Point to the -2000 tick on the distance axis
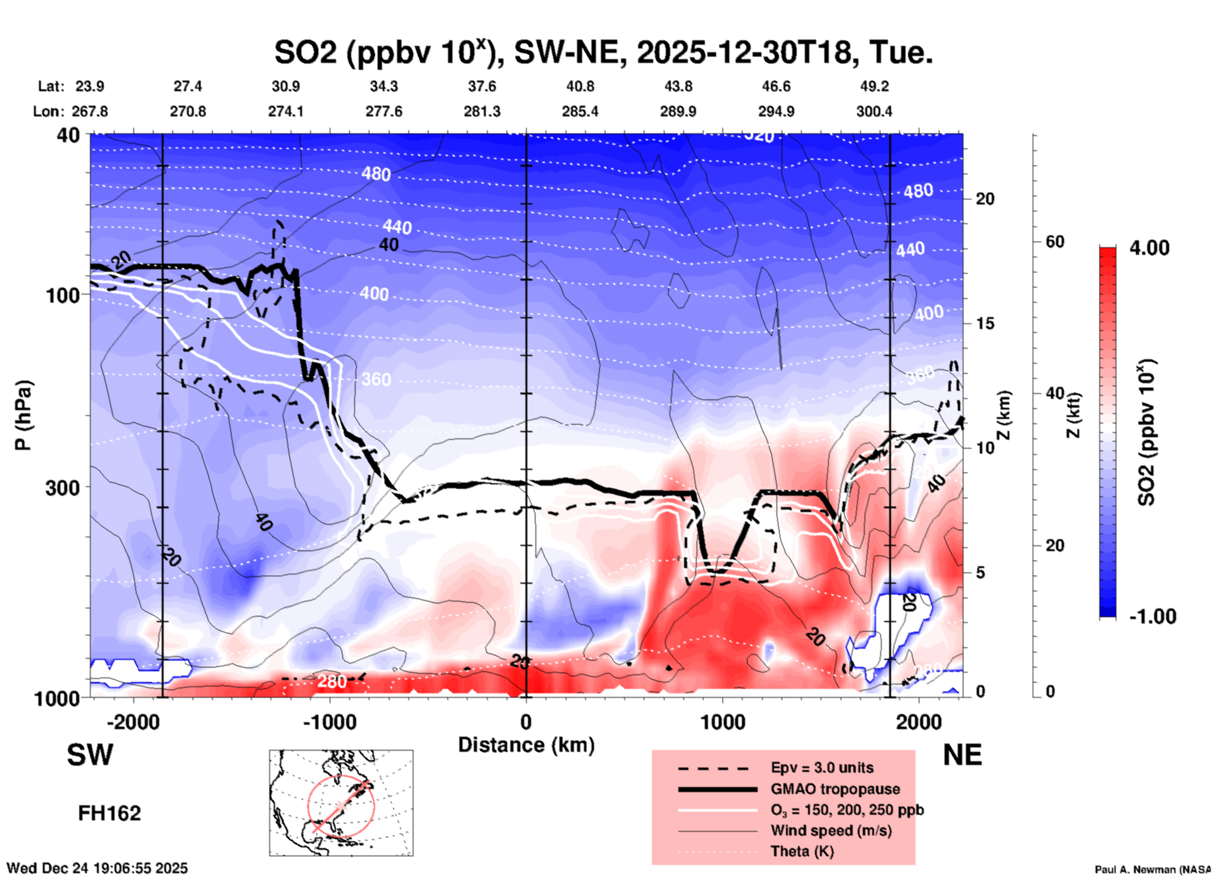pos(133,722)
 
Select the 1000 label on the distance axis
pos(722,722)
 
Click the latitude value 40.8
pos(580,86)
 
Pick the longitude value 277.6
pos(383,111)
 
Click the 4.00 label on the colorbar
pos(1149,247)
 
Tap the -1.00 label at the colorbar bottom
pos(1152,616)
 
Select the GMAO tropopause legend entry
pos(835,789)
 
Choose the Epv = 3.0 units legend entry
pos(822,768)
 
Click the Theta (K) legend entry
pos(802,851)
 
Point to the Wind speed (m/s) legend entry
pos(831,830)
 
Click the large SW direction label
pos(90,755)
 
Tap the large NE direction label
pos(962,755)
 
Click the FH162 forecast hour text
pos(109,813)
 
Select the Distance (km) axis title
pos(526,745)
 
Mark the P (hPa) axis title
pos(23,415)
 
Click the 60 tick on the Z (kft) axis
pos(1055,242)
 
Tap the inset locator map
pos(341,802)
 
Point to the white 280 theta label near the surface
pos(332,681)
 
